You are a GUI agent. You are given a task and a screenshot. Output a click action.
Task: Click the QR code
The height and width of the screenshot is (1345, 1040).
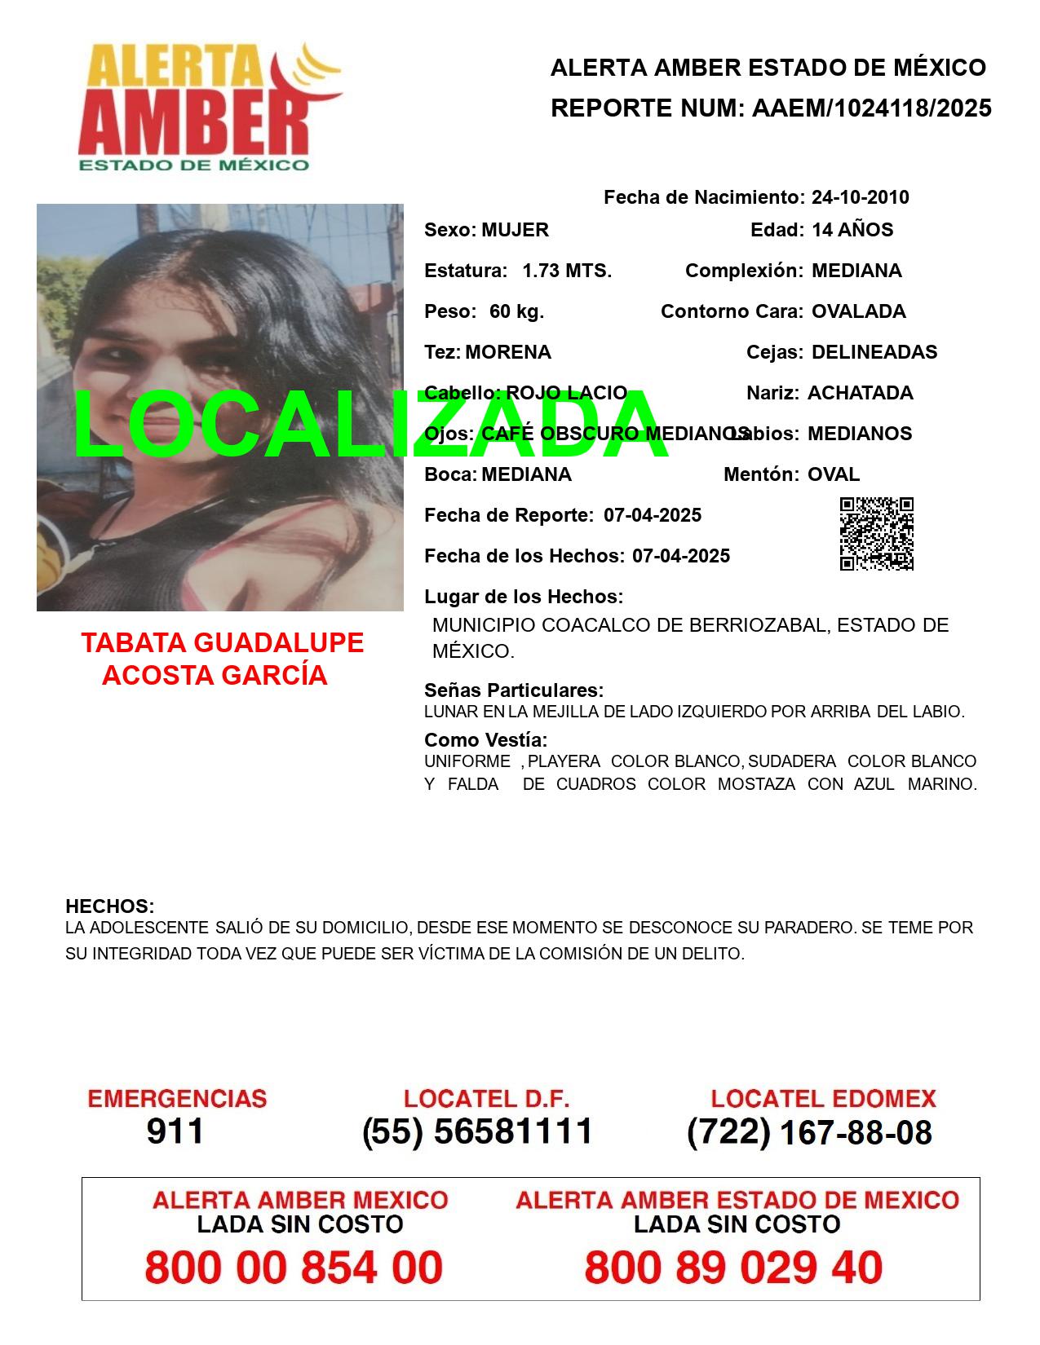[876, 534]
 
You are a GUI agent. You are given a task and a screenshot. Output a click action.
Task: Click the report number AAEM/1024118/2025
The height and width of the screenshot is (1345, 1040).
[871, 108]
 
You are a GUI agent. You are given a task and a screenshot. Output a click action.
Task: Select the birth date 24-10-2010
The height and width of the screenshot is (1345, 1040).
[860, 197]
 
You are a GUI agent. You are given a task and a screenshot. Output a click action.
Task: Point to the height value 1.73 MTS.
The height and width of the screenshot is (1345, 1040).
[567, 271]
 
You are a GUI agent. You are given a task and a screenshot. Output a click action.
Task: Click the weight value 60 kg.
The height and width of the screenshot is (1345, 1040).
[516, 311]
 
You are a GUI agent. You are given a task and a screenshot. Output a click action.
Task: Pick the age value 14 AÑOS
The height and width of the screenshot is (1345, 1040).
[852, 230]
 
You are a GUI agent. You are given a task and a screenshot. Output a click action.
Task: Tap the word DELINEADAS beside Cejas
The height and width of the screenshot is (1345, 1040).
[874, 352]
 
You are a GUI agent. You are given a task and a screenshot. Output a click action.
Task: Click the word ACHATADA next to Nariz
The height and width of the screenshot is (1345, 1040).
[860, 393]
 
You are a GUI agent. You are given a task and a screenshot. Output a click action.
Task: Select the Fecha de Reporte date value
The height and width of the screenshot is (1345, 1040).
[653, 515]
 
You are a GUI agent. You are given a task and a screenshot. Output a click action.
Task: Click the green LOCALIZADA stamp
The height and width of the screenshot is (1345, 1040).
[371, 425]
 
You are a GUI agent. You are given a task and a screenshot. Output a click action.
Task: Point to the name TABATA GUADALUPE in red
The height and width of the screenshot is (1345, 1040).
[222, 642]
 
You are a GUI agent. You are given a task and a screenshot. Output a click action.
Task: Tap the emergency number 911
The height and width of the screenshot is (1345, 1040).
[175, 1131]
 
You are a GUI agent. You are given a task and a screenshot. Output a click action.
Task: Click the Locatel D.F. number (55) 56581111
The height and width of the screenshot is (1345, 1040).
[477, 1131]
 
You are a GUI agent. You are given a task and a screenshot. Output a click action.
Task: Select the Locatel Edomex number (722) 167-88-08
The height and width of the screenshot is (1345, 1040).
[809, 1132]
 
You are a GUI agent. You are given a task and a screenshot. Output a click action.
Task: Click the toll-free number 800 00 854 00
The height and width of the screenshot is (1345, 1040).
[294, 1268]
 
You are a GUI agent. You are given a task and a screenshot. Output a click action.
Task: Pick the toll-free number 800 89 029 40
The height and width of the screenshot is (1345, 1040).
[733, 1268]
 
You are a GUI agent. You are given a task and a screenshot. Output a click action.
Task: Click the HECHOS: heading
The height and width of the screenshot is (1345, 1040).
[109, 906]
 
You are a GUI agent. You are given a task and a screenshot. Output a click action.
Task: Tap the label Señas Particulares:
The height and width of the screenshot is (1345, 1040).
[514, 690]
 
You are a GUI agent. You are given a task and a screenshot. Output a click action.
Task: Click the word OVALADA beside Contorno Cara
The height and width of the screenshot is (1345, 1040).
[858, 311]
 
